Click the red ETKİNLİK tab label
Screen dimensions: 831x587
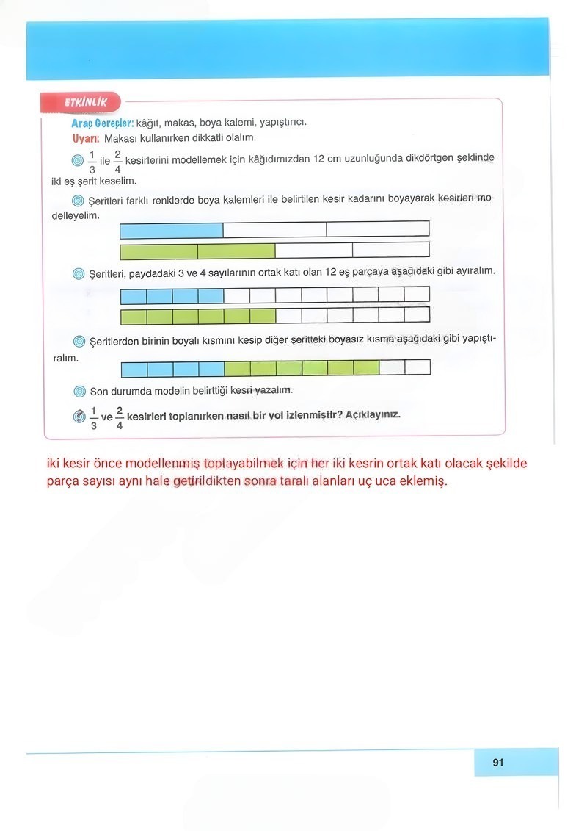(x=85, y=103)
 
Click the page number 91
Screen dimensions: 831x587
(x=498, y=763)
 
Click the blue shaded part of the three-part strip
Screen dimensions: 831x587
(x=171, y=230)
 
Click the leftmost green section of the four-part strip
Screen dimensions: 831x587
(x=158, y=251)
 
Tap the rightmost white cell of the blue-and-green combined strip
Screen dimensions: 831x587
(x=418, y=367)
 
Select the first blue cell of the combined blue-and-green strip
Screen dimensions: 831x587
(x=134, y=367)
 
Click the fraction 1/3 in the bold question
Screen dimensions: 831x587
(x=93, y=417)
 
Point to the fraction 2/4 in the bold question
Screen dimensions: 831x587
(x=119, y=417)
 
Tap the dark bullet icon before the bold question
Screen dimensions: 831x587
(x=79, y=416)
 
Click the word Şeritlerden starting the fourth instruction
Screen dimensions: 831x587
(x=121, y=342)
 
